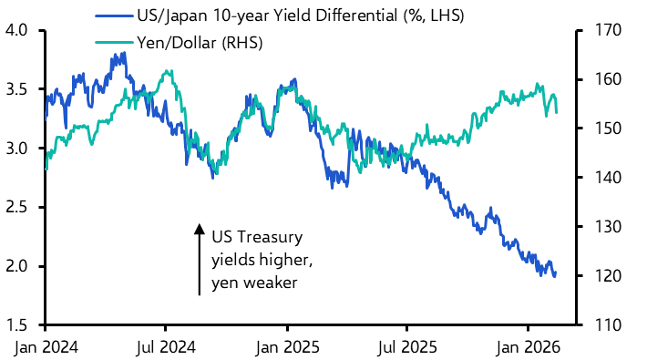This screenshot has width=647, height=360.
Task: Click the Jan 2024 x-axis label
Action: (x=45, y=347)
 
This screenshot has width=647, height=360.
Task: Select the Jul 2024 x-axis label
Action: (x=165, y=347)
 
